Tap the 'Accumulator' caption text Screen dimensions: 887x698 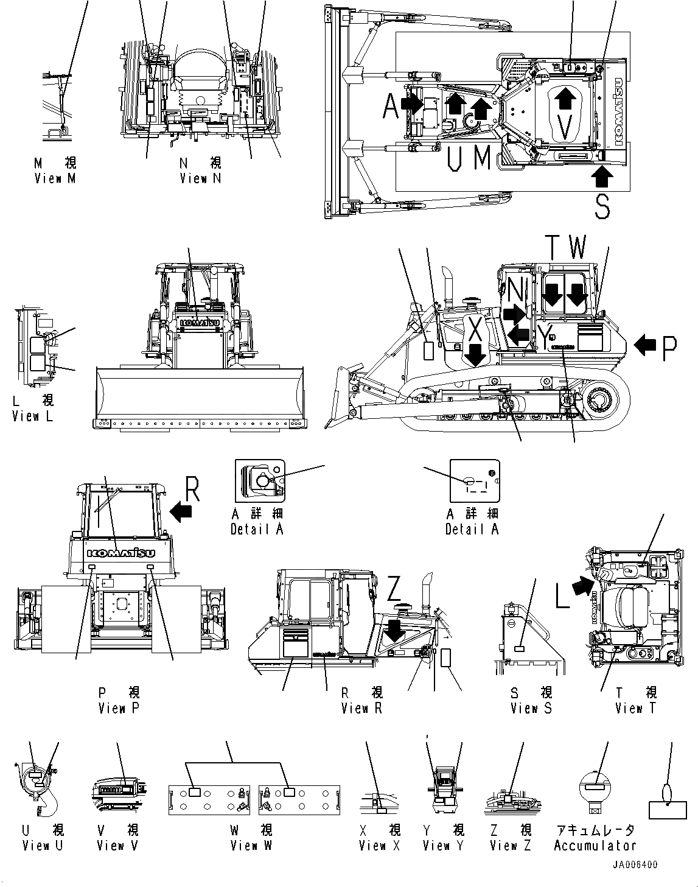[595, 845]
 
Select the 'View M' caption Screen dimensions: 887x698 [56, 178]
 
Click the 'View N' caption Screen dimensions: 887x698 [201, 178]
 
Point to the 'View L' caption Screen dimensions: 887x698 [33, 416]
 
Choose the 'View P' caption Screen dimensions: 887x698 [119, 708]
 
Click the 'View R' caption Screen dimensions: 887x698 [362, 708]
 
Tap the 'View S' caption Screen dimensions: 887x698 [531, 708]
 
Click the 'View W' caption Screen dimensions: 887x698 [251, 845]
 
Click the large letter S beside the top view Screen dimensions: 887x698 [602, 205]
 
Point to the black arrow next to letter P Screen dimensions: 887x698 [644, 346]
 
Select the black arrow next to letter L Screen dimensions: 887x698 [581, 586]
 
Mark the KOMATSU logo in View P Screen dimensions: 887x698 [120, 553]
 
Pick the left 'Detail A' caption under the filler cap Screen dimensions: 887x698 [257, 529]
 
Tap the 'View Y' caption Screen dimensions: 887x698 [443, 845]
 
